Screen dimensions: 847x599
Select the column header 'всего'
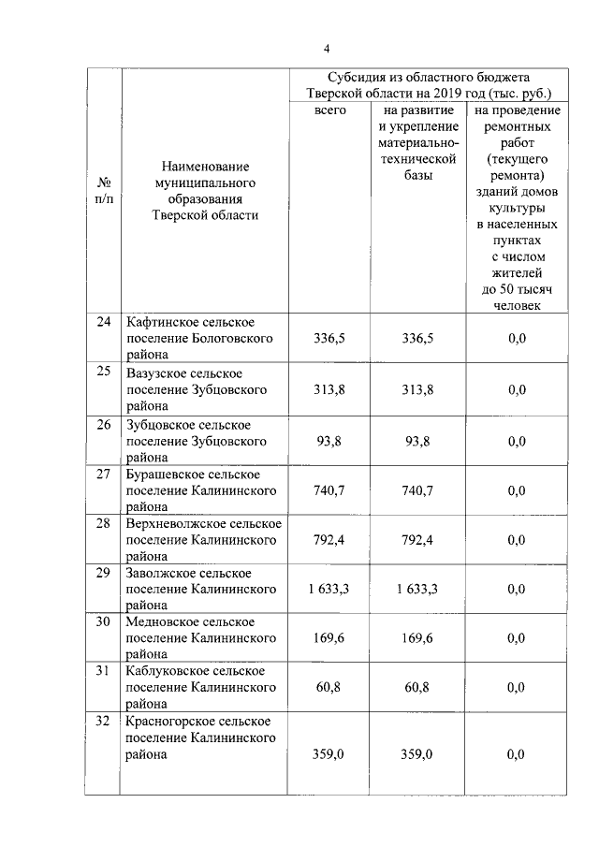tap(330, 110)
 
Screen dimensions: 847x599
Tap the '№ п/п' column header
tap(104, 190)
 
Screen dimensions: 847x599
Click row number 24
tap(104, 322)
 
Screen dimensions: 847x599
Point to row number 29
tap(104, 572)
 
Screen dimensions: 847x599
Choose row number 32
tap(104, 721)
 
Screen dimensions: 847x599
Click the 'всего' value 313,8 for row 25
tap(329, 389)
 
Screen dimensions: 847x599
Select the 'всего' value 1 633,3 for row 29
tap(329, 589)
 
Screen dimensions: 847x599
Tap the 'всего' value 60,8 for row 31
tap(329, 688)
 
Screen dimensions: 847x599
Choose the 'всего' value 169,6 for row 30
tap(329, 638)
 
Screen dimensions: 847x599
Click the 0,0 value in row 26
tap(517, 439)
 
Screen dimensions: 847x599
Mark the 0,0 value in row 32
tap(517, 753)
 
